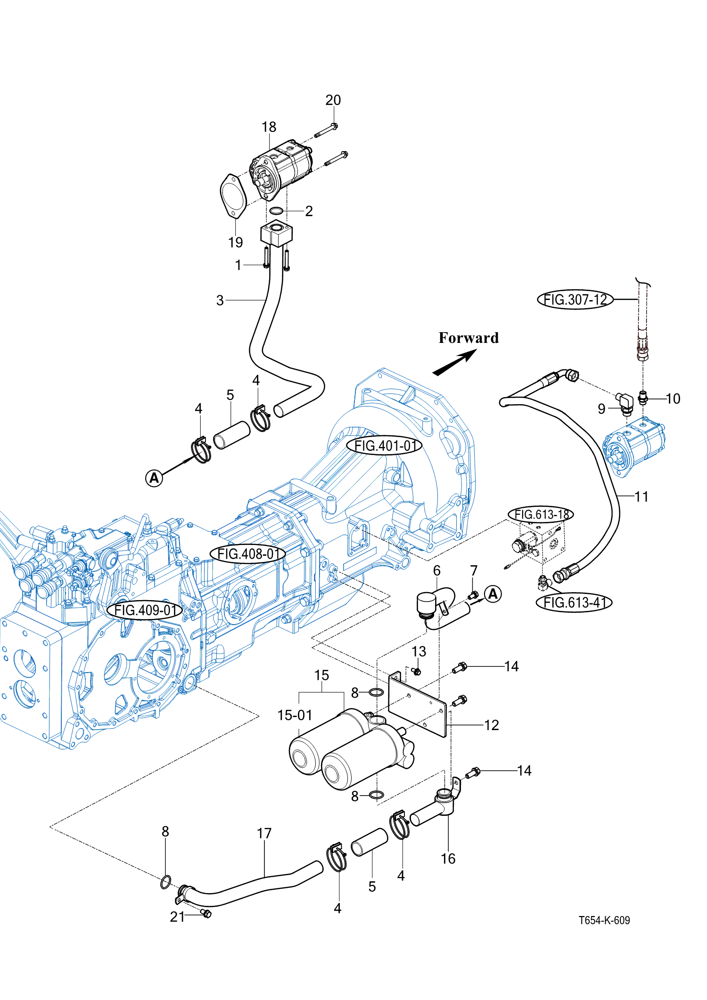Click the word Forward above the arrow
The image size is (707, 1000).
pos(469,338)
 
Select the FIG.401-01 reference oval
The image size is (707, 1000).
pos(384,445)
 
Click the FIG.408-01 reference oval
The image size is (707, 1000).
pos(248,553)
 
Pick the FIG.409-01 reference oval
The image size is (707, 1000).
pos(145,610)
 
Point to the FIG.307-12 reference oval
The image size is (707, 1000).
pos(575,300)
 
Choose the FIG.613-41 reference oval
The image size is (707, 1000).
pos(574,602)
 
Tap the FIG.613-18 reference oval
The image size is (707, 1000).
pos(541,514)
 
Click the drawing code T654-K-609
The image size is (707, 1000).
pos(604,920)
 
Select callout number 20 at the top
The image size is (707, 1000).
pos(333,100)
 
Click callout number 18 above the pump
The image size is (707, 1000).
pos(269,127)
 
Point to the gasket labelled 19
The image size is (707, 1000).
pos(233,196)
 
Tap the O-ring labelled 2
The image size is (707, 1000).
pos(276,211)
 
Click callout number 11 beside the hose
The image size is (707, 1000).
pos(641,496)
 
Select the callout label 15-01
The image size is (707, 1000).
pos(295,715)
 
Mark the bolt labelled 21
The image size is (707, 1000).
pos(206,913)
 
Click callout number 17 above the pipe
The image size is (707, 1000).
pos(264,833)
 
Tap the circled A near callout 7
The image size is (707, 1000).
pos(493,594)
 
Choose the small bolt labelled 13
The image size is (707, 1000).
pos(416,671)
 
